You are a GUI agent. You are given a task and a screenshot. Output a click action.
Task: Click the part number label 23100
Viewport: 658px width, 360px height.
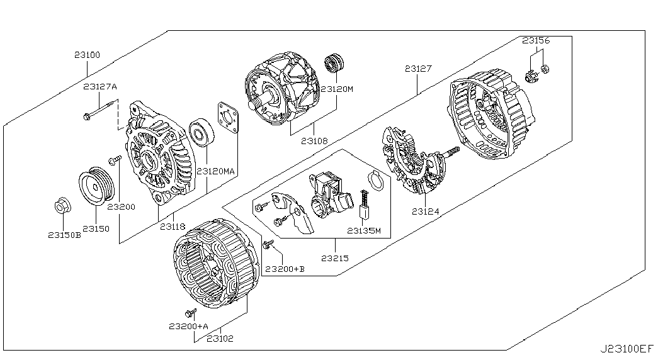pyautogui.click(x=86, y=55)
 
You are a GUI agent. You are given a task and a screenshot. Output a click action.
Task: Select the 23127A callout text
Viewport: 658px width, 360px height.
pyautogui.click(x=100, y=86)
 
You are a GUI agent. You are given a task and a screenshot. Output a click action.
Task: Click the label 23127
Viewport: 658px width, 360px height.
pyautogui.click(x=418, y=68)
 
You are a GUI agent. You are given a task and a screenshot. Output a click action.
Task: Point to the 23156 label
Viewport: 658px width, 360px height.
pyautogui.click(x=536, y=40)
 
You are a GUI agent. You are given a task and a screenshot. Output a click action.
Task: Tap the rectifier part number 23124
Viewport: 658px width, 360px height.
pyautogui.click(x=426, y=211)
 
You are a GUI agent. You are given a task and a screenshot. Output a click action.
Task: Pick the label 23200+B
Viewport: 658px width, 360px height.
pyautogui.click(x=285, y=269)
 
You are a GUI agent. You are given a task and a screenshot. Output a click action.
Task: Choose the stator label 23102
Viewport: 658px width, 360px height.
pyautogui.click(x=220, y=338)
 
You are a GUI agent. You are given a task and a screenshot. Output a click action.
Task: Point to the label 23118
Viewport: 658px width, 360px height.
pyautogui.click(x=171, y=227)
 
